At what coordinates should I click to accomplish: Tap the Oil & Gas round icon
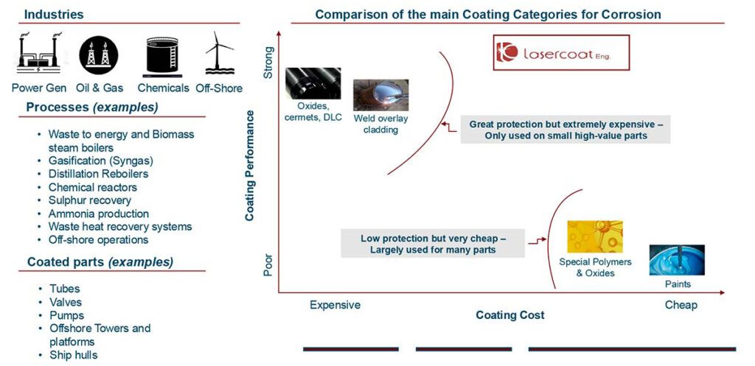98,54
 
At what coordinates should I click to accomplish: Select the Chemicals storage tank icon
162,54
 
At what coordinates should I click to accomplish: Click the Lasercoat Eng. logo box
561,53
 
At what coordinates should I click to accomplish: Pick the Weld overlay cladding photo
381,95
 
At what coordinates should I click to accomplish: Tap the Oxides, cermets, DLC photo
313,83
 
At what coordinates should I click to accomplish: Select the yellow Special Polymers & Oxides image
595,236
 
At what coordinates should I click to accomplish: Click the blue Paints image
677,260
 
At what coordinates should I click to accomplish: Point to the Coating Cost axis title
510,315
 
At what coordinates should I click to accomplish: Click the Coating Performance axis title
249,166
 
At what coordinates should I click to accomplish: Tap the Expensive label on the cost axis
335,305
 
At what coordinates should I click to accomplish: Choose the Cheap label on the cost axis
681,305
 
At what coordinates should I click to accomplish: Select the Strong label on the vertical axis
268,63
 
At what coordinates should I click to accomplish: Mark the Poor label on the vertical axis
268,265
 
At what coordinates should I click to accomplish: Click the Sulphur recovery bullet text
89,200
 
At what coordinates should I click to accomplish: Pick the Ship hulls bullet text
73,355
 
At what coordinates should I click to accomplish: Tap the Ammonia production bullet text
99,213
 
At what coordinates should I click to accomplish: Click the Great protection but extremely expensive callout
566,130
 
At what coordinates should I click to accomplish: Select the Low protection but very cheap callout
433,243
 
